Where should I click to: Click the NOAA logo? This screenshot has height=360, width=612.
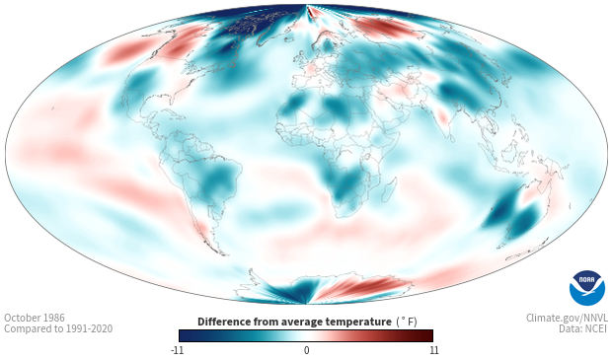[x=587, y=288]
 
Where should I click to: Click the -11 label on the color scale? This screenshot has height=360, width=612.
[x=177, y=350]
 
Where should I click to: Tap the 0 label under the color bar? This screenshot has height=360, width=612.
[x=306, y=350]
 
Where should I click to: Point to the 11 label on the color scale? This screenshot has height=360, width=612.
[x=433, y=350]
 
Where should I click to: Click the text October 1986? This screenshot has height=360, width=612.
[x=35, y=318]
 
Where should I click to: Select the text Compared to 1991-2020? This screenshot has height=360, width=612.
[x=58, y=328]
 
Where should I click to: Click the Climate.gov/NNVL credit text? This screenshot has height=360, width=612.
[x=567, y=318]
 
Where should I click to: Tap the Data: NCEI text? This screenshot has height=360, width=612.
[x=583, y=328]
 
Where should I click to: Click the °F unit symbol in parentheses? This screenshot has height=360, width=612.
[x=407, y=322]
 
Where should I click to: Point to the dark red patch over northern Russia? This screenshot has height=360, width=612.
[x=384, y=28]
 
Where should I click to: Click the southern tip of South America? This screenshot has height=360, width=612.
[x=223, y=254]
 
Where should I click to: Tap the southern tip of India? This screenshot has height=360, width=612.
[x=451, y=140]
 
